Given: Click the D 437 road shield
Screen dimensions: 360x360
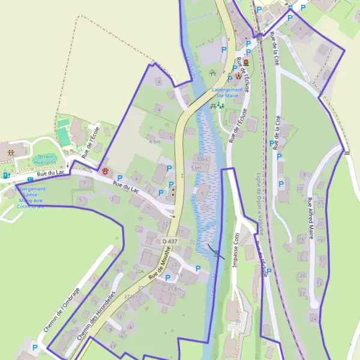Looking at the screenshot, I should [x=170, y=241].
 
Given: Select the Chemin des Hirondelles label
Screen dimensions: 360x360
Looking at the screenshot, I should [x=95, y=316].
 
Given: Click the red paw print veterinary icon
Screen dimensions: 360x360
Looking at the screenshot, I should [x=106, y=171].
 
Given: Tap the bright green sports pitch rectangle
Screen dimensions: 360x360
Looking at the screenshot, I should [x=64, y=136].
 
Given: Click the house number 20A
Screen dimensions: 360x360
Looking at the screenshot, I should [x=139, y=271].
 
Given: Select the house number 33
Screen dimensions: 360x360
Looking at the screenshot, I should [x=113, y=346].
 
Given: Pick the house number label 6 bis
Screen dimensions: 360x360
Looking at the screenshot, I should [x=155, y=141].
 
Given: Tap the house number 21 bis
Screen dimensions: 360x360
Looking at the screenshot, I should [x=174, y=289].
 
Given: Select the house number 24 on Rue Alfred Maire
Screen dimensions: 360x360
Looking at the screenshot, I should [x=313, y=319].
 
